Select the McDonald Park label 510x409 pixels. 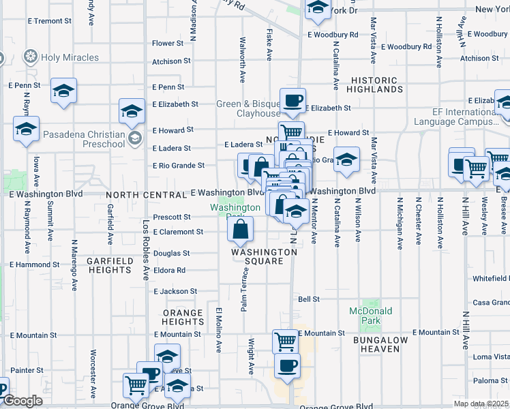[370, 316]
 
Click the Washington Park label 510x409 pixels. [235, 208]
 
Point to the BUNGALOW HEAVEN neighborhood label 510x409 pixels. [380, 344]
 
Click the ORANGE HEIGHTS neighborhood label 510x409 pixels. [183, 317]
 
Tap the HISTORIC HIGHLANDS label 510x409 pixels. [374, 85]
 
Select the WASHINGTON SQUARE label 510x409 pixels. [264, 252]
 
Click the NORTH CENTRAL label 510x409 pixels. [145, 194]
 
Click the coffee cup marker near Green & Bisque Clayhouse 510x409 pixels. [292, 102]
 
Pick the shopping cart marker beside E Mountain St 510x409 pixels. [285, 340]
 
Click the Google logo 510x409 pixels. [22, 401]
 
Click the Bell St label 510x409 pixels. [309, 299]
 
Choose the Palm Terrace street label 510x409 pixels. [243, 290]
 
